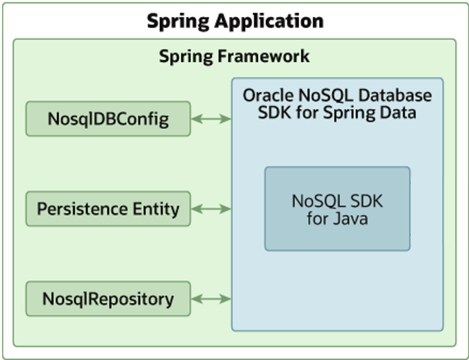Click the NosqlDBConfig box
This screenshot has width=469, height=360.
point(108,119)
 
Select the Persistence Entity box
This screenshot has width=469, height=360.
point(108,208)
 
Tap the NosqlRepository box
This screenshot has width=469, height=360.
point(108,299)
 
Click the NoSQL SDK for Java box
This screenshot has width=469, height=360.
point(337,209)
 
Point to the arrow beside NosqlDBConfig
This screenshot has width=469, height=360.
point(211,119)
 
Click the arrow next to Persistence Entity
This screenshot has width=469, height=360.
point(211,208)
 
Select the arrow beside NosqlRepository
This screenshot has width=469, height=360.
point(211,299)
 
